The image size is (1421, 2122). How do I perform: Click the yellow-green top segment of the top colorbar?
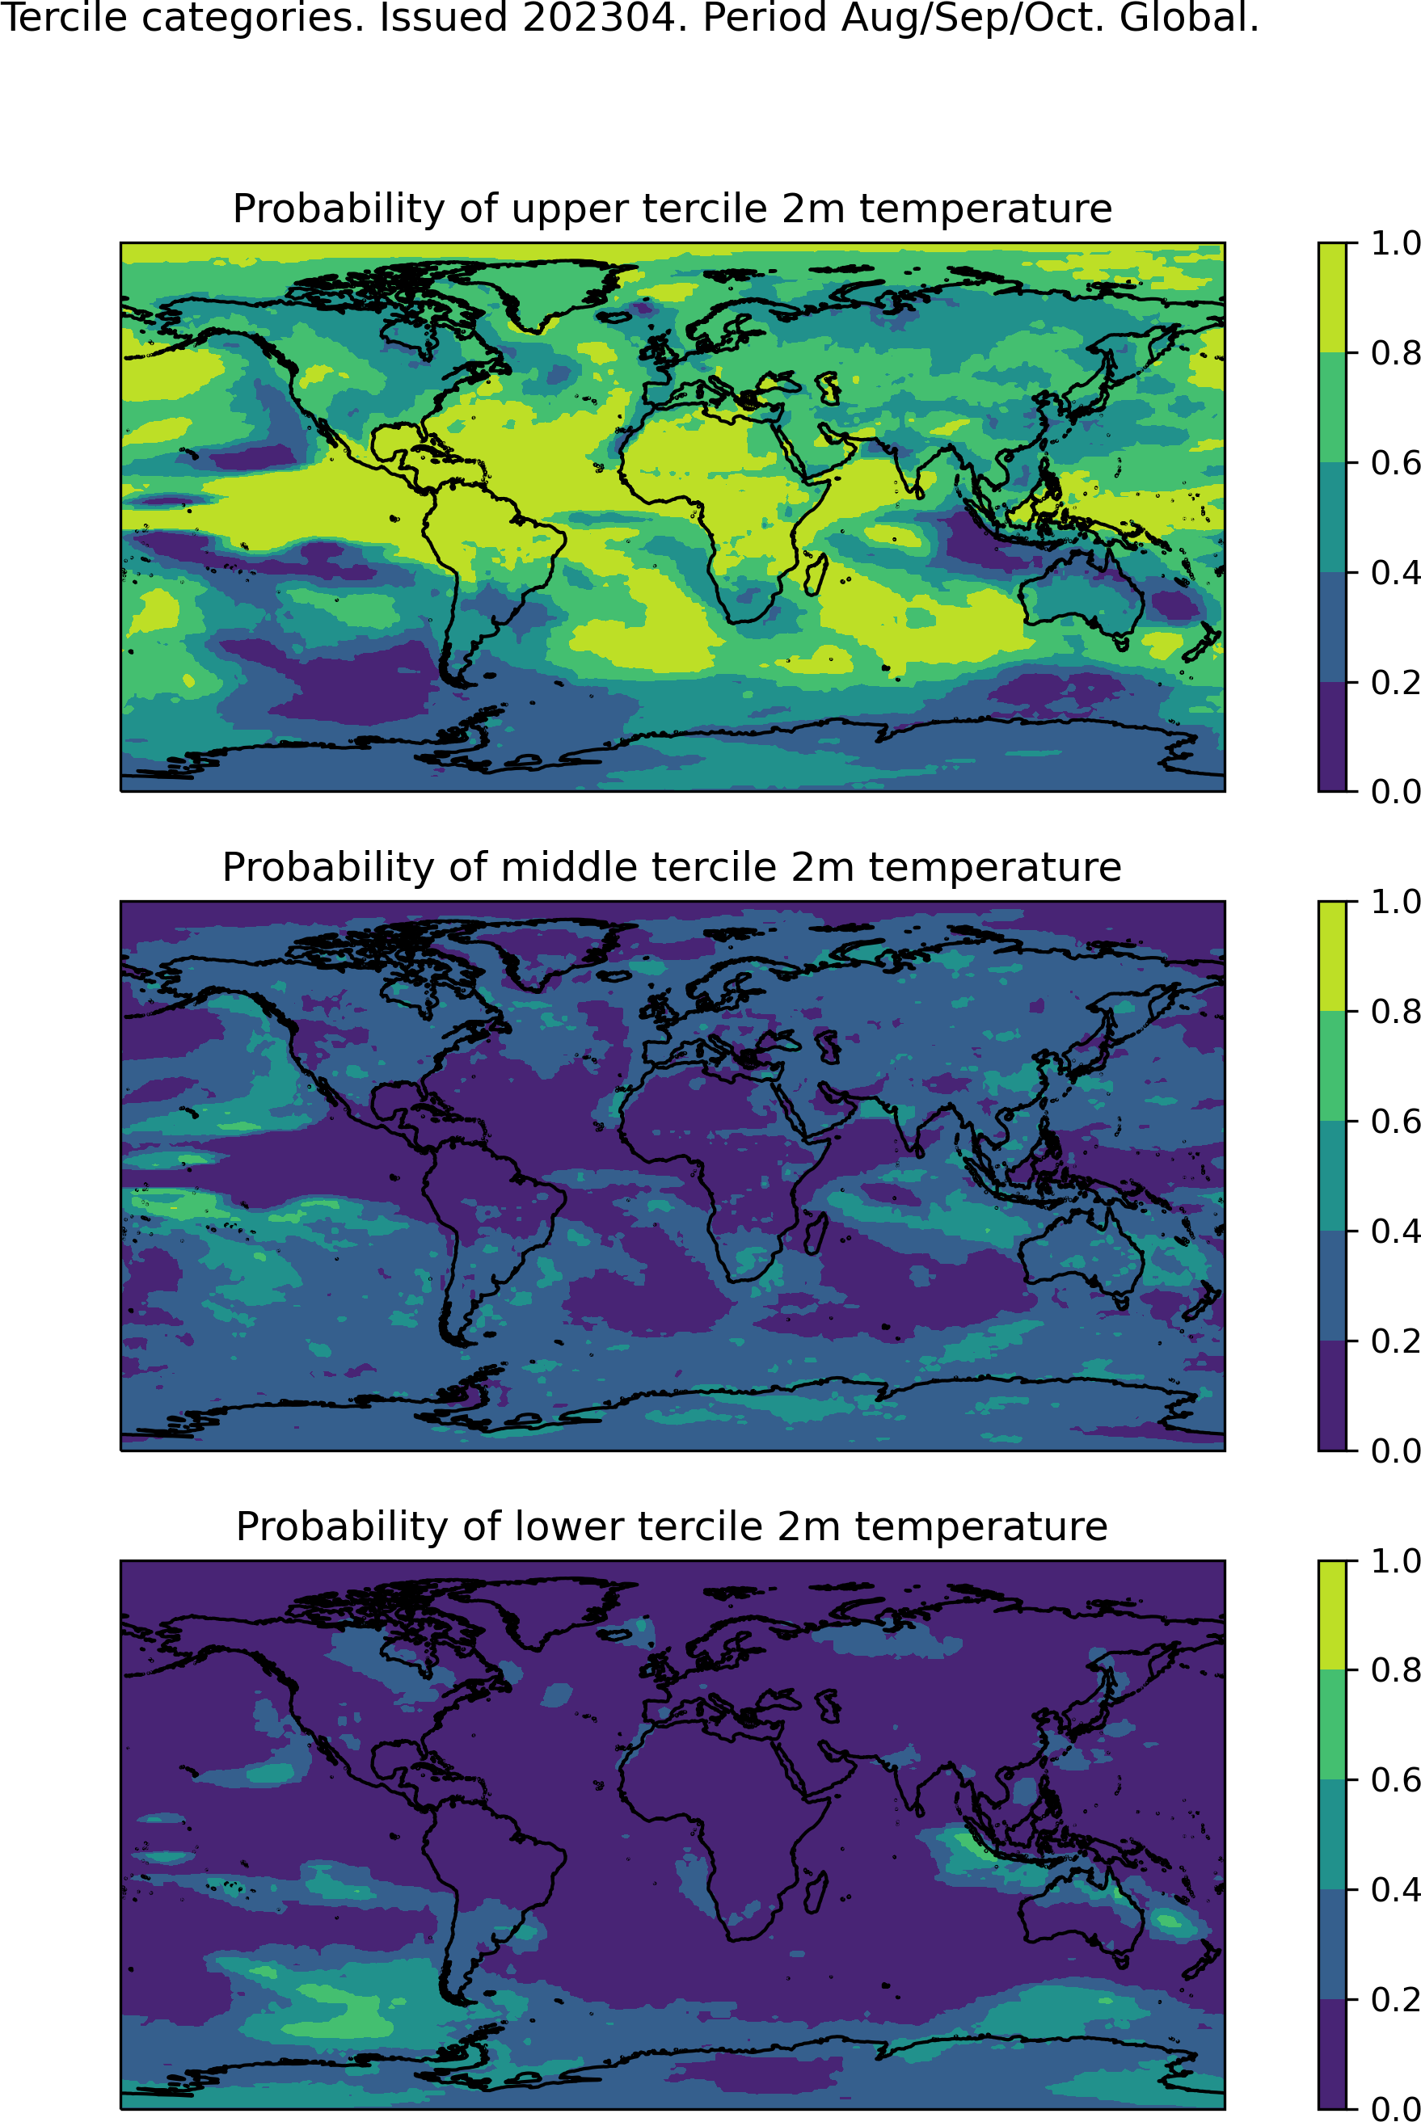click(x=1332, y=298)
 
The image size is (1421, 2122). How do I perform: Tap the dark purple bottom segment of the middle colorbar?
click(x=1332, y=1396)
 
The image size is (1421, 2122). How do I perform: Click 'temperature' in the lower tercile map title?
click(x=980, y=1526)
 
